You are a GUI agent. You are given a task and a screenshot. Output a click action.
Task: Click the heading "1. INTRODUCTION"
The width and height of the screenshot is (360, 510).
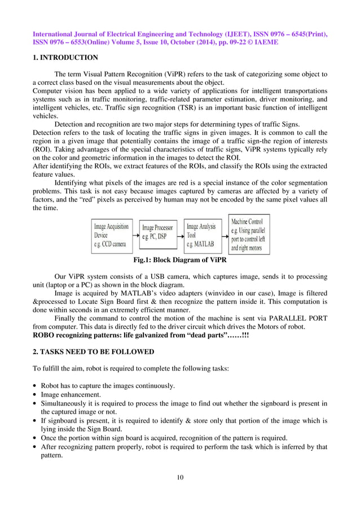click(x=65, y=58)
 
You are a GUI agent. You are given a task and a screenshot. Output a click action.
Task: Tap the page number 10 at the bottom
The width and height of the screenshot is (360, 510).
click(x=180, y=478)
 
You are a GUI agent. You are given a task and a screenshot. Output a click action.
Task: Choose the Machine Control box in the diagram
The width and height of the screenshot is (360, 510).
click(x=249, y=234)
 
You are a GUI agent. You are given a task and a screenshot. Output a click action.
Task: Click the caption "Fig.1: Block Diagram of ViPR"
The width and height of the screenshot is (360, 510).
click(x=179, y=260)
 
